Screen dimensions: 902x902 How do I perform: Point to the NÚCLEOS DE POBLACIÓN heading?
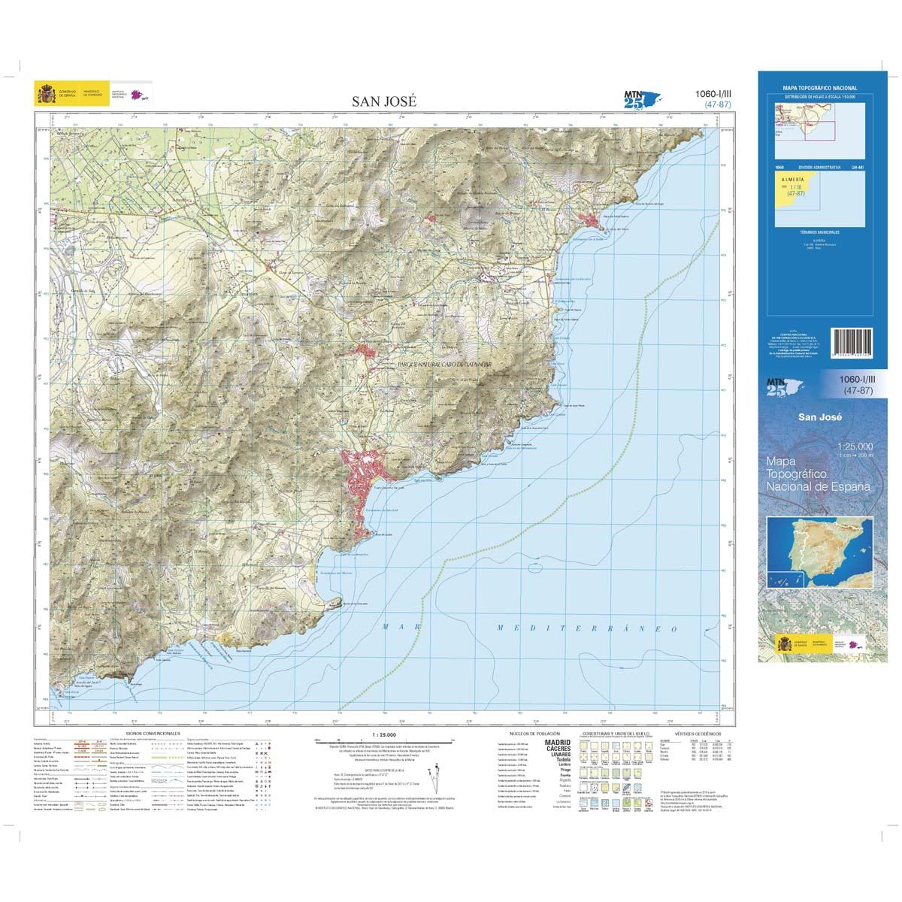tap(534, 732)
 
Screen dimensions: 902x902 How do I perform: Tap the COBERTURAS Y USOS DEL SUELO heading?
tap(619, 732)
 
